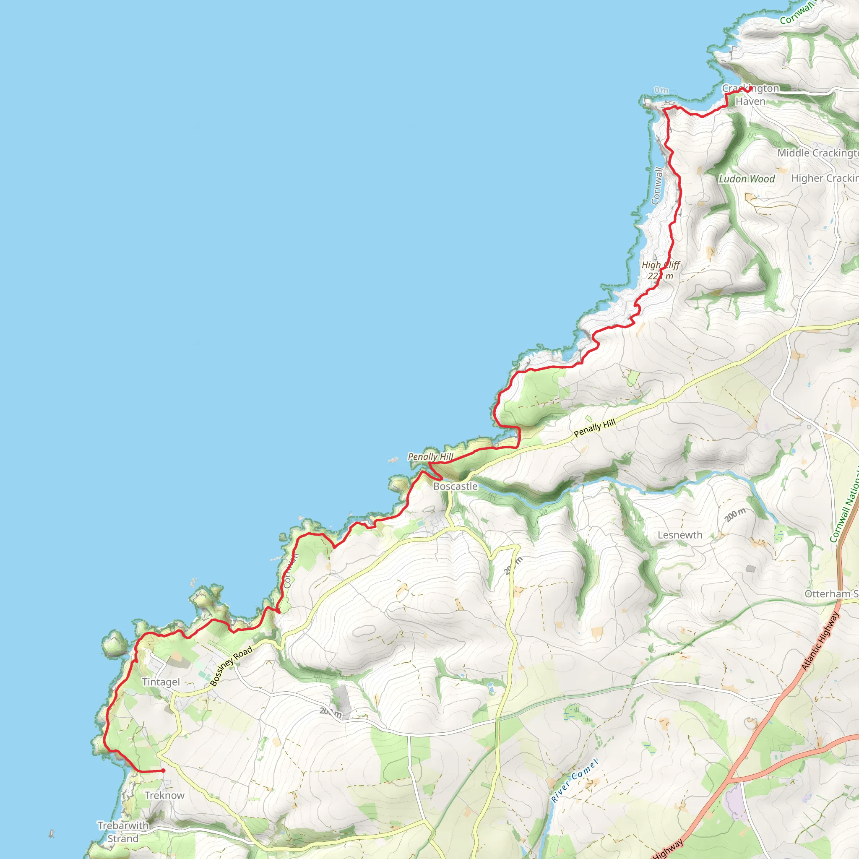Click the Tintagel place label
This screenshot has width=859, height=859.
(x=161, y=682)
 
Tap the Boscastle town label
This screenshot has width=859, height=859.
(x=455, y=487)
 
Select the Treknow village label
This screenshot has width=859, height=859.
(x=164, y=795)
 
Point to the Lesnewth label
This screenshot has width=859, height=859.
(x=680, y=535)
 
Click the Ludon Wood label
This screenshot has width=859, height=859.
(x=747, y=179)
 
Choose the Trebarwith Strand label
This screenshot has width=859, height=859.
(x=123, y=832)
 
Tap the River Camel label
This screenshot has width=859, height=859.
(x=575, y=781)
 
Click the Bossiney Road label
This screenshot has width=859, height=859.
(x=231, y=666)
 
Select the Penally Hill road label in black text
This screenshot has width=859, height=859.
(x=594, y=428)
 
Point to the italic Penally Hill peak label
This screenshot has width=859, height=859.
(x=430, y=457)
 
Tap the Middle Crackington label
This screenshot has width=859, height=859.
(x=817, y=153)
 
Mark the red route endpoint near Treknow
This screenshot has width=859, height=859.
(x=163, y=770)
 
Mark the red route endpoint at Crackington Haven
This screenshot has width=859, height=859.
(x=750, y=89)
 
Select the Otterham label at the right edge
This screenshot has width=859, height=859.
(x=830, y=594)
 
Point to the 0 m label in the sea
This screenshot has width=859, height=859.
(x=661, y=90)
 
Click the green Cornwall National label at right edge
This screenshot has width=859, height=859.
(x=845, y=507)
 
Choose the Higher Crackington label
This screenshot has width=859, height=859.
(x=824, y=178)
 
